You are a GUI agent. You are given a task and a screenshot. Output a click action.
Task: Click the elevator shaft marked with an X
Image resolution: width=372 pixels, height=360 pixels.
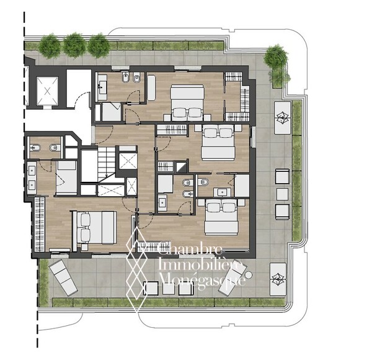coord(47,91)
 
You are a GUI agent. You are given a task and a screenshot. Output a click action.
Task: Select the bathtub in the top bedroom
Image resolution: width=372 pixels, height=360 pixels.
coord(151,88)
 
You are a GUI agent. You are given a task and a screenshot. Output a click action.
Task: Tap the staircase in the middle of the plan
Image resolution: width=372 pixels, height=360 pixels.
coord(107,164)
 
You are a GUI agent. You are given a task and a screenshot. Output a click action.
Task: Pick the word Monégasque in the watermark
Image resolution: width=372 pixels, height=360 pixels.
coord(201,280)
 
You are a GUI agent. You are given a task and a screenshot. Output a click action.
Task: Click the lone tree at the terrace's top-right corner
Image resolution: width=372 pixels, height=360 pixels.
coord(276,57)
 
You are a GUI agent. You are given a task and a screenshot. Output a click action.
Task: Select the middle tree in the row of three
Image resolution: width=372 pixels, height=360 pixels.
coord(74,45)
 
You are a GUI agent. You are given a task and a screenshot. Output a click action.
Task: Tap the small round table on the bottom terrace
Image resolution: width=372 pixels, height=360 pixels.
coord(249,275)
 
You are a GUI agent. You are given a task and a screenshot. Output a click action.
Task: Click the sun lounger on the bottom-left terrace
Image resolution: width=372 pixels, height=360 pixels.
coord(63,277)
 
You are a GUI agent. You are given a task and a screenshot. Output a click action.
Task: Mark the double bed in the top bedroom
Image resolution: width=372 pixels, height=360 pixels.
coord(187,102)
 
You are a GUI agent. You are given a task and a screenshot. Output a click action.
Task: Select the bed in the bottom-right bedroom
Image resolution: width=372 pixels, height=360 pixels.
coord(221,217)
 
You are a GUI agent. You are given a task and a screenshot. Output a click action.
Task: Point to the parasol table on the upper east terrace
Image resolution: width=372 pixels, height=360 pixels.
coord(282,118)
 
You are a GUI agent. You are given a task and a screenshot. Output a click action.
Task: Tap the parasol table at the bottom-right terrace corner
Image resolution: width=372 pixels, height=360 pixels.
coord(278,279)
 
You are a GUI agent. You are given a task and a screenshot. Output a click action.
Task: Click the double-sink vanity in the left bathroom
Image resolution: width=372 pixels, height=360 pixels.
coord(32,178)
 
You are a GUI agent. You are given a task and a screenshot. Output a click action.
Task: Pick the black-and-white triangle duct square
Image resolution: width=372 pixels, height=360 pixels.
coord(182,167)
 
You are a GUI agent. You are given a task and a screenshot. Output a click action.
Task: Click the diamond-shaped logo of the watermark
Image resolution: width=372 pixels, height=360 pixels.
coord(136,269)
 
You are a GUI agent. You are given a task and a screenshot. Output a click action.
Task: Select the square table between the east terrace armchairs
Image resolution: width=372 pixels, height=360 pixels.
coord(282,194)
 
